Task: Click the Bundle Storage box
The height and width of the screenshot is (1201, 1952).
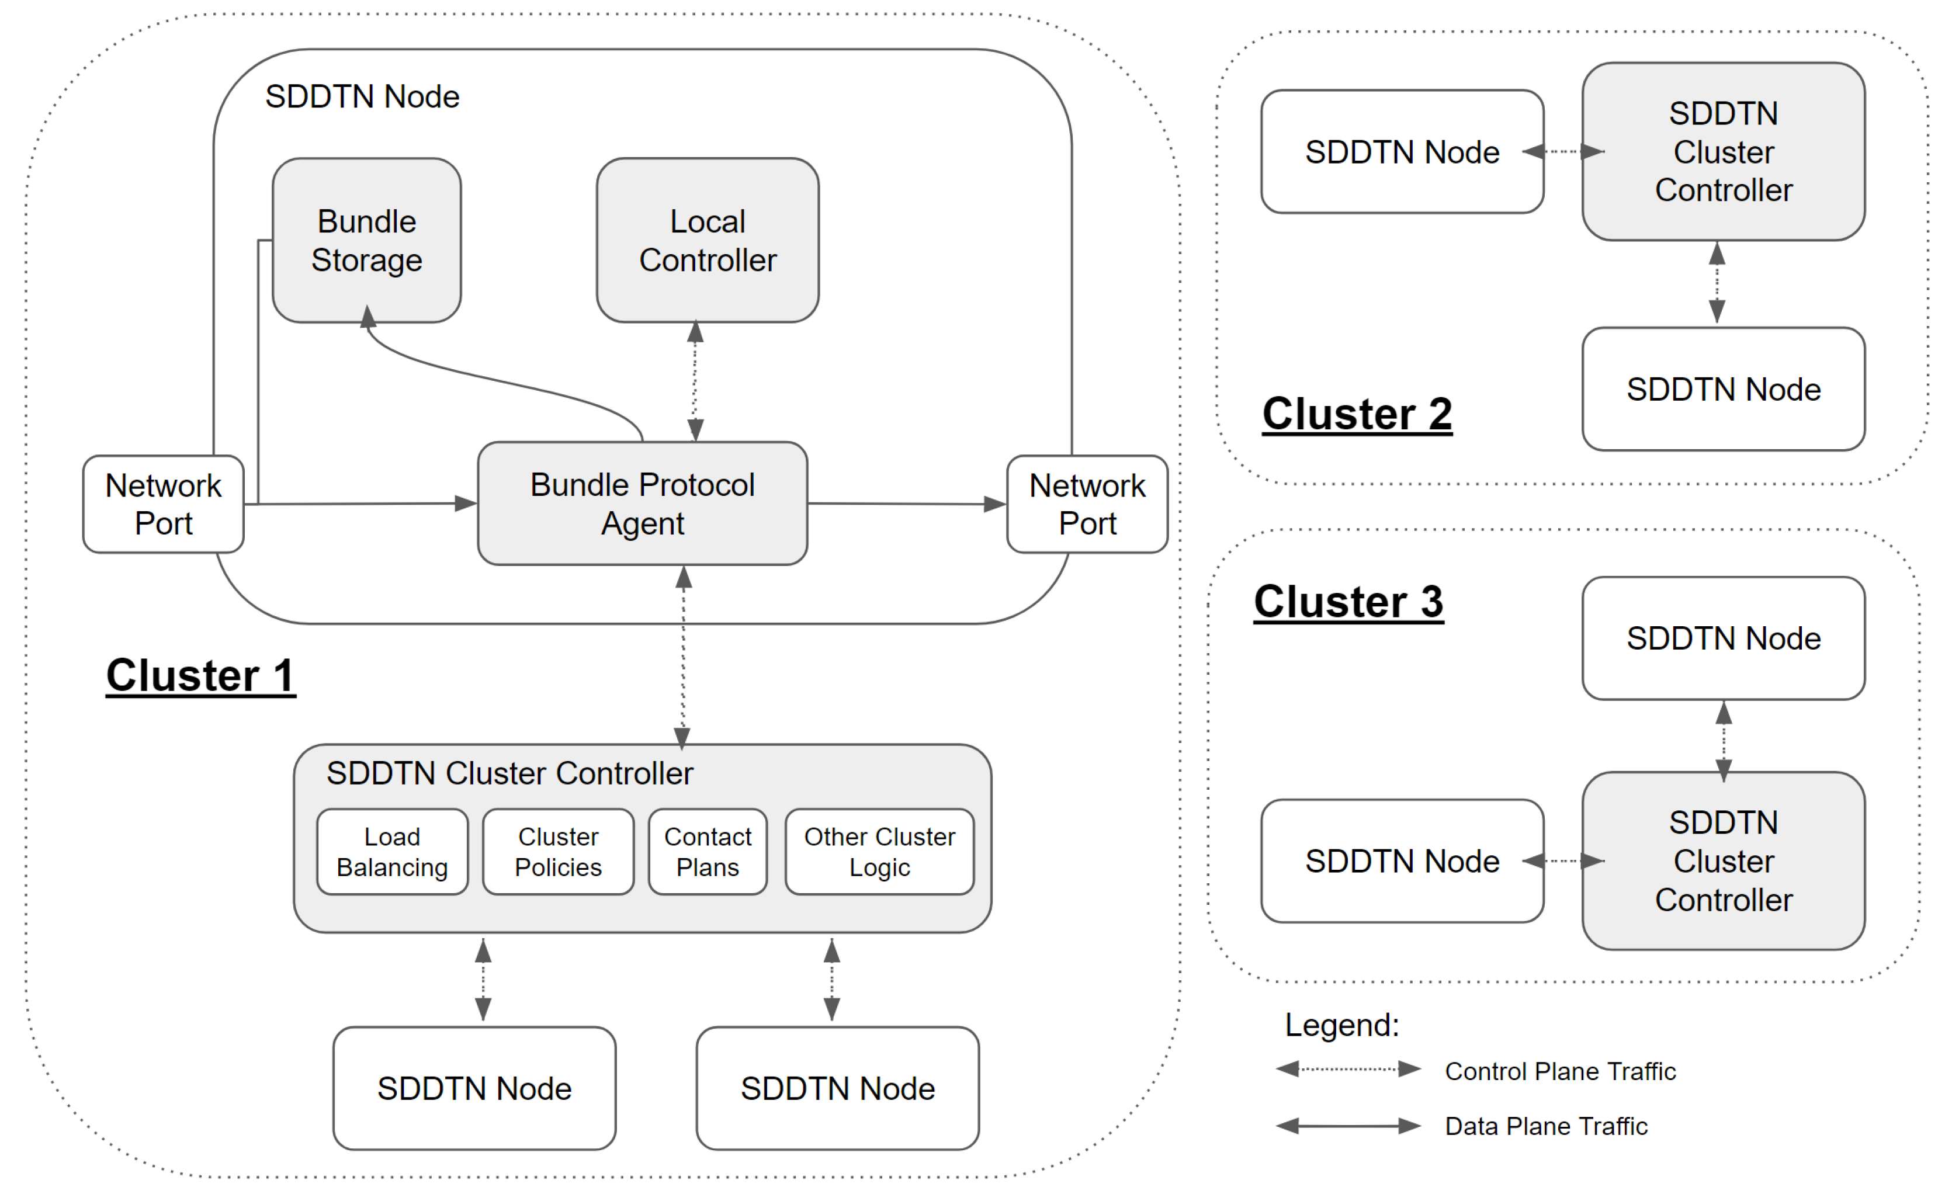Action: tap(366, 241)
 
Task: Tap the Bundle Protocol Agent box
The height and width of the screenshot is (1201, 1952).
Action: tap(642, 504)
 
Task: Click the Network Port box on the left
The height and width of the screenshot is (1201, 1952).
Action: tap(163, 504)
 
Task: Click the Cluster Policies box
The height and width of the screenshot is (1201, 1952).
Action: tap(558, 852)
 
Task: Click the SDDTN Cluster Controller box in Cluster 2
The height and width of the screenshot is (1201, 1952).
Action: tap(1722, 152)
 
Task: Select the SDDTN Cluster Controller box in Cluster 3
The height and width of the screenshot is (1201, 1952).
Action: tap(1722, 861)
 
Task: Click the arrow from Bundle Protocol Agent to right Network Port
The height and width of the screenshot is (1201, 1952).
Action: tap(906, 504)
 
